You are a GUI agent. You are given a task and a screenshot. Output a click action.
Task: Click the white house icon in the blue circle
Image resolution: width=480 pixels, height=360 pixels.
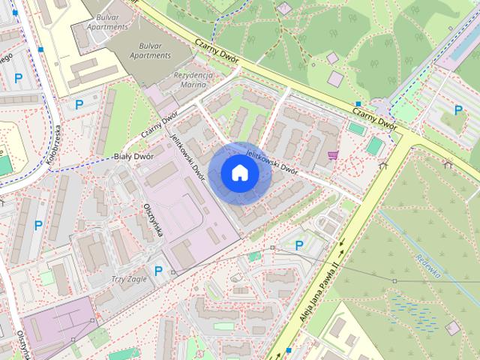point(239,173)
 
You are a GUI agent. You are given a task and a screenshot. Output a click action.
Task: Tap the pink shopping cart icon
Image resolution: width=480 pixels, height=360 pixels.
point(333,156)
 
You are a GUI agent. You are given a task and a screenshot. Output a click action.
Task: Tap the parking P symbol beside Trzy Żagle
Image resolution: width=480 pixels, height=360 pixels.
point(158,271)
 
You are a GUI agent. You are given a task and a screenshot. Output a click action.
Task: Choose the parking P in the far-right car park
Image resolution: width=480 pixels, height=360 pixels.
point(458,110)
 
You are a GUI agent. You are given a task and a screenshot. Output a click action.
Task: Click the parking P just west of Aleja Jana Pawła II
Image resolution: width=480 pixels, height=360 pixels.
point(299,244)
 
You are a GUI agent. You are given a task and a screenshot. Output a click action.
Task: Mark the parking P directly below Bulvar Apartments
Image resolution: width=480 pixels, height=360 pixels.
point(78,104)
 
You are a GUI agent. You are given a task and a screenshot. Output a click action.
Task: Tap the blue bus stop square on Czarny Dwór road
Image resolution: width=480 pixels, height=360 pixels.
point(358,103)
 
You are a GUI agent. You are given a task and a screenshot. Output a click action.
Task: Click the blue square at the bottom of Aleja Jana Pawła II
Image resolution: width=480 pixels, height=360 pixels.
point(287,349)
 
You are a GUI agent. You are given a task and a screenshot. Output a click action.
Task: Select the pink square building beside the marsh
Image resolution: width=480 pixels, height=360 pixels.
point(452,327)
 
